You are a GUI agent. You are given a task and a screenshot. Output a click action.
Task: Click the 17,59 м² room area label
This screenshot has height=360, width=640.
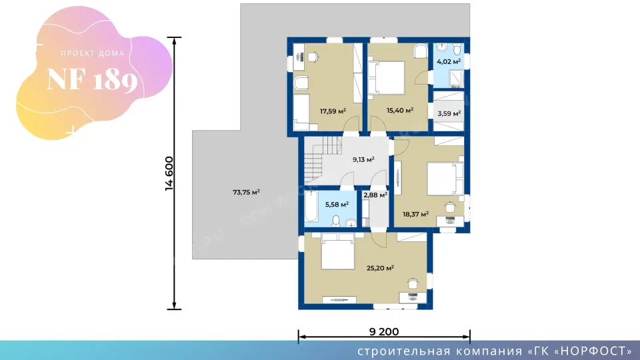tap(333, 111)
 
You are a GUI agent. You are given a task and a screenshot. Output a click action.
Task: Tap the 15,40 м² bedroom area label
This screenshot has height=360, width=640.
tap(400, 110)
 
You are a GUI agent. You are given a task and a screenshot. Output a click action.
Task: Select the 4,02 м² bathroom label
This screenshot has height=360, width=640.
tap(449, 61)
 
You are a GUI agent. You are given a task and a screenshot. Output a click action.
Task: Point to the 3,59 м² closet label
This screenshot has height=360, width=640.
tap(449, 113)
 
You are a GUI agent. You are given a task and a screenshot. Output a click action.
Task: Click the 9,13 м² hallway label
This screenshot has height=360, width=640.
tap(363, 159)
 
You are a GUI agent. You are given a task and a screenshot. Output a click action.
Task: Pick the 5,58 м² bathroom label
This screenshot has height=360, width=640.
tap(337, 204)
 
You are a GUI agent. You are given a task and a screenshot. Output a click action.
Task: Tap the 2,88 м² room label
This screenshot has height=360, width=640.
tap(375, 195)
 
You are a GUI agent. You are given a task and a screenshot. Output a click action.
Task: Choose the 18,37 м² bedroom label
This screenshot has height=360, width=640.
tap(415, 214)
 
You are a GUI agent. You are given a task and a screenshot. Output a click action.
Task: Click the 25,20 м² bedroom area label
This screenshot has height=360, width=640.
tap(380, 268)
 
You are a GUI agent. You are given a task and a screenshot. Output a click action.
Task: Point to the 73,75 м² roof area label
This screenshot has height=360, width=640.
tap(246, 192)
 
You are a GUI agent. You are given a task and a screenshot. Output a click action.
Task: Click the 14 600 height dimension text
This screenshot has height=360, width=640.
tap(169, 173)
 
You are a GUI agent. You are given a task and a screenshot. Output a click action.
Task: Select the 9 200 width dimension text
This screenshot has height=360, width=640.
tap(384, 331)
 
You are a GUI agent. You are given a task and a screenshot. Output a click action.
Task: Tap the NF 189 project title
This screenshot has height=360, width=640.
tap(92, 79)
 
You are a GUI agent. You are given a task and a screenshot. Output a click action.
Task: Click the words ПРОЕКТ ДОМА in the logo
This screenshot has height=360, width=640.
tap(92, 53)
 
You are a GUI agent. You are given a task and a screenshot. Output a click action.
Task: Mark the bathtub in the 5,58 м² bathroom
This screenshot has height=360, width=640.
tap(311, 206)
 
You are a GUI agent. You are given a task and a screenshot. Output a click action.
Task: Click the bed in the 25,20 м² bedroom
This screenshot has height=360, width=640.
tap(337, 251)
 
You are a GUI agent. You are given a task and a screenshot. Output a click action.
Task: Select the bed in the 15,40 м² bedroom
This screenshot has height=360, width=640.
tap(387, 79)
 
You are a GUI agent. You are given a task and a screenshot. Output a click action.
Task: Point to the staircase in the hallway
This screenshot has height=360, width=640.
tap(323, 159)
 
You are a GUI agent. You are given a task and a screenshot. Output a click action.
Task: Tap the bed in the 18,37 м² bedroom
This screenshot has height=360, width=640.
tap(445, 179)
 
